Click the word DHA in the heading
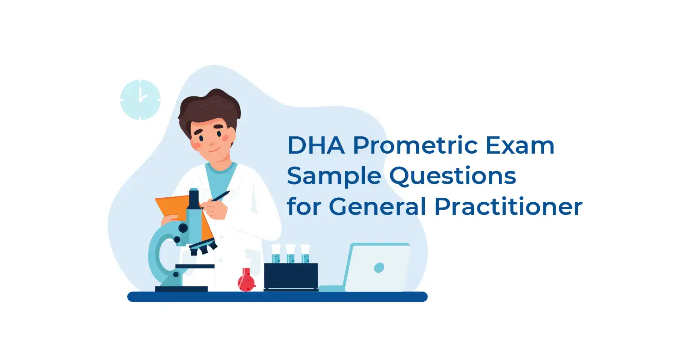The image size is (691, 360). coord(316,145)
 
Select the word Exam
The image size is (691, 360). coord(520,145)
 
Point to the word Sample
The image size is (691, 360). coord(334,176)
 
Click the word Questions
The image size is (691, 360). coord(452,176)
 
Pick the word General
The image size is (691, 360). coord(378,206)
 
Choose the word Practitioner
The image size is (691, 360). coord(508,206)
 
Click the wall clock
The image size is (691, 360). coord(140,100)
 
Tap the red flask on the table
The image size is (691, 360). coord(247,280)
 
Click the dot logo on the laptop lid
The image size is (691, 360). coord(379,267)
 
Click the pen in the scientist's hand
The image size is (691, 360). coord(220,196)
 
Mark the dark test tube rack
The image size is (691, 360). coord(291,277)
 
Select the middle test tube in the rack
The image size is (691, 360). coord(291,254)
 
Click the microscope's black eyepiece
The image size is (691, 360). coord(194,199)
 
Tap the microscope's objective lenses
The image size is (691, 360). coord(203,247)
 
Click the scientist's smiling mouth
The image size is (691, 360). coord(215,150)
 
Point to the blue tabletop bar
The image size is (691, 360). coord(277,297)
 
